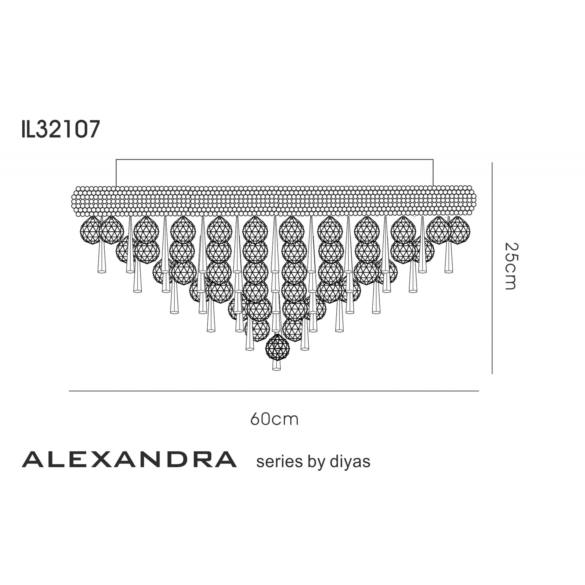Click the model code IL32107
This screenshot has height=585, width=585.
click(61, 129)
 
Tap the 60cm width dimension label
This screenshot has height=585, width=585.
click(274, 419)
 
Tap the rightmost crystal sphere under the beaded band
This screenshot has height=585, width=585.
click(459, 230)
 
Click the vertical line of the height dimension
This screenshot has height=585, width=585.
click(492, 268)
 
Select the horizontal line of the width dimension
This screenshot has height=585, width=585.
click(274, 391)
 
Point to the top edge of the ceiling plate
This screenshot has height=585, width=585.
click(274, 160)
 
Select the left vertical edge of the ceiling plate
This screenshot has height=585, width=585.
click(116, 173)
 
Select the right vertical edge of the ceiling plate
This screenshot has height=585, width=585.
click(433, 173)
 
